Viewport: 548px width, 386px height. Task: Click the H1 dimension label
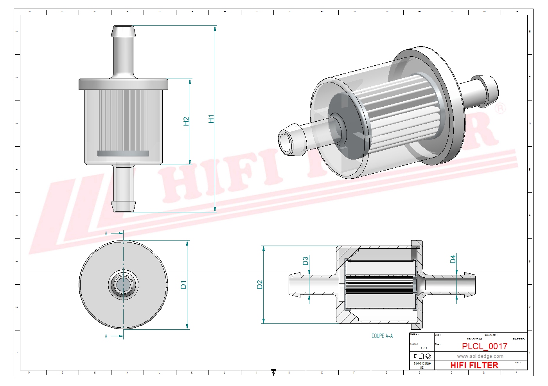click(211, 119)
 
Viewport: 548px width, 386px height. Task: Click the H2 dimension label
click(186, 122)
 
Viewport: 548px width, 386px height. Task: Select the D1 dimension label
click(183, 284)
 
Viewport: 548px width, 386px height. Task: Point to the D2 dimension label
click(260, 284)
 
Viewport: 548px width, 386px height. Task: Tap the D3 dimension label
click(305, 261)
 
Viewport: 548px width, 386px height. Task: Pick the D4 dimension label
click(453, 259)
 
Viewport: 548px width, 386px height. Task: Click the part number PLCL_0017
click(484, 346)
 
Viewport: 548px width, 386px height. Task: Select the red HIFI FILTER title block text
click(474, 365)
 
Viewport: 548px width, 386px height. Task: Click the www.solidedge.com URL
click(480, 356)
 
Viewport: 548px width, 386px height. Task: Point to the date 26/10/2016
click(474, 339)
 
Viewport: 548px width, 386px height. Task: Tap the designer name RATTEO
click(518, 339)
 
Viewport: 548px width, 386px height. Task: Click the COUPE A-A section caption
click(382, 336)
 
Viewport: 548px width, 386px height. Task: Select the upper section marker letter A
click(106, 233)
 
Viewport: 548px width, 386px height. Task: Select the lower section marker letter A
click(106, 336)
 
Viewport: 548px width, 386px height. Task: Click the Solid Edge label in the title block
click(422, 363)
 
